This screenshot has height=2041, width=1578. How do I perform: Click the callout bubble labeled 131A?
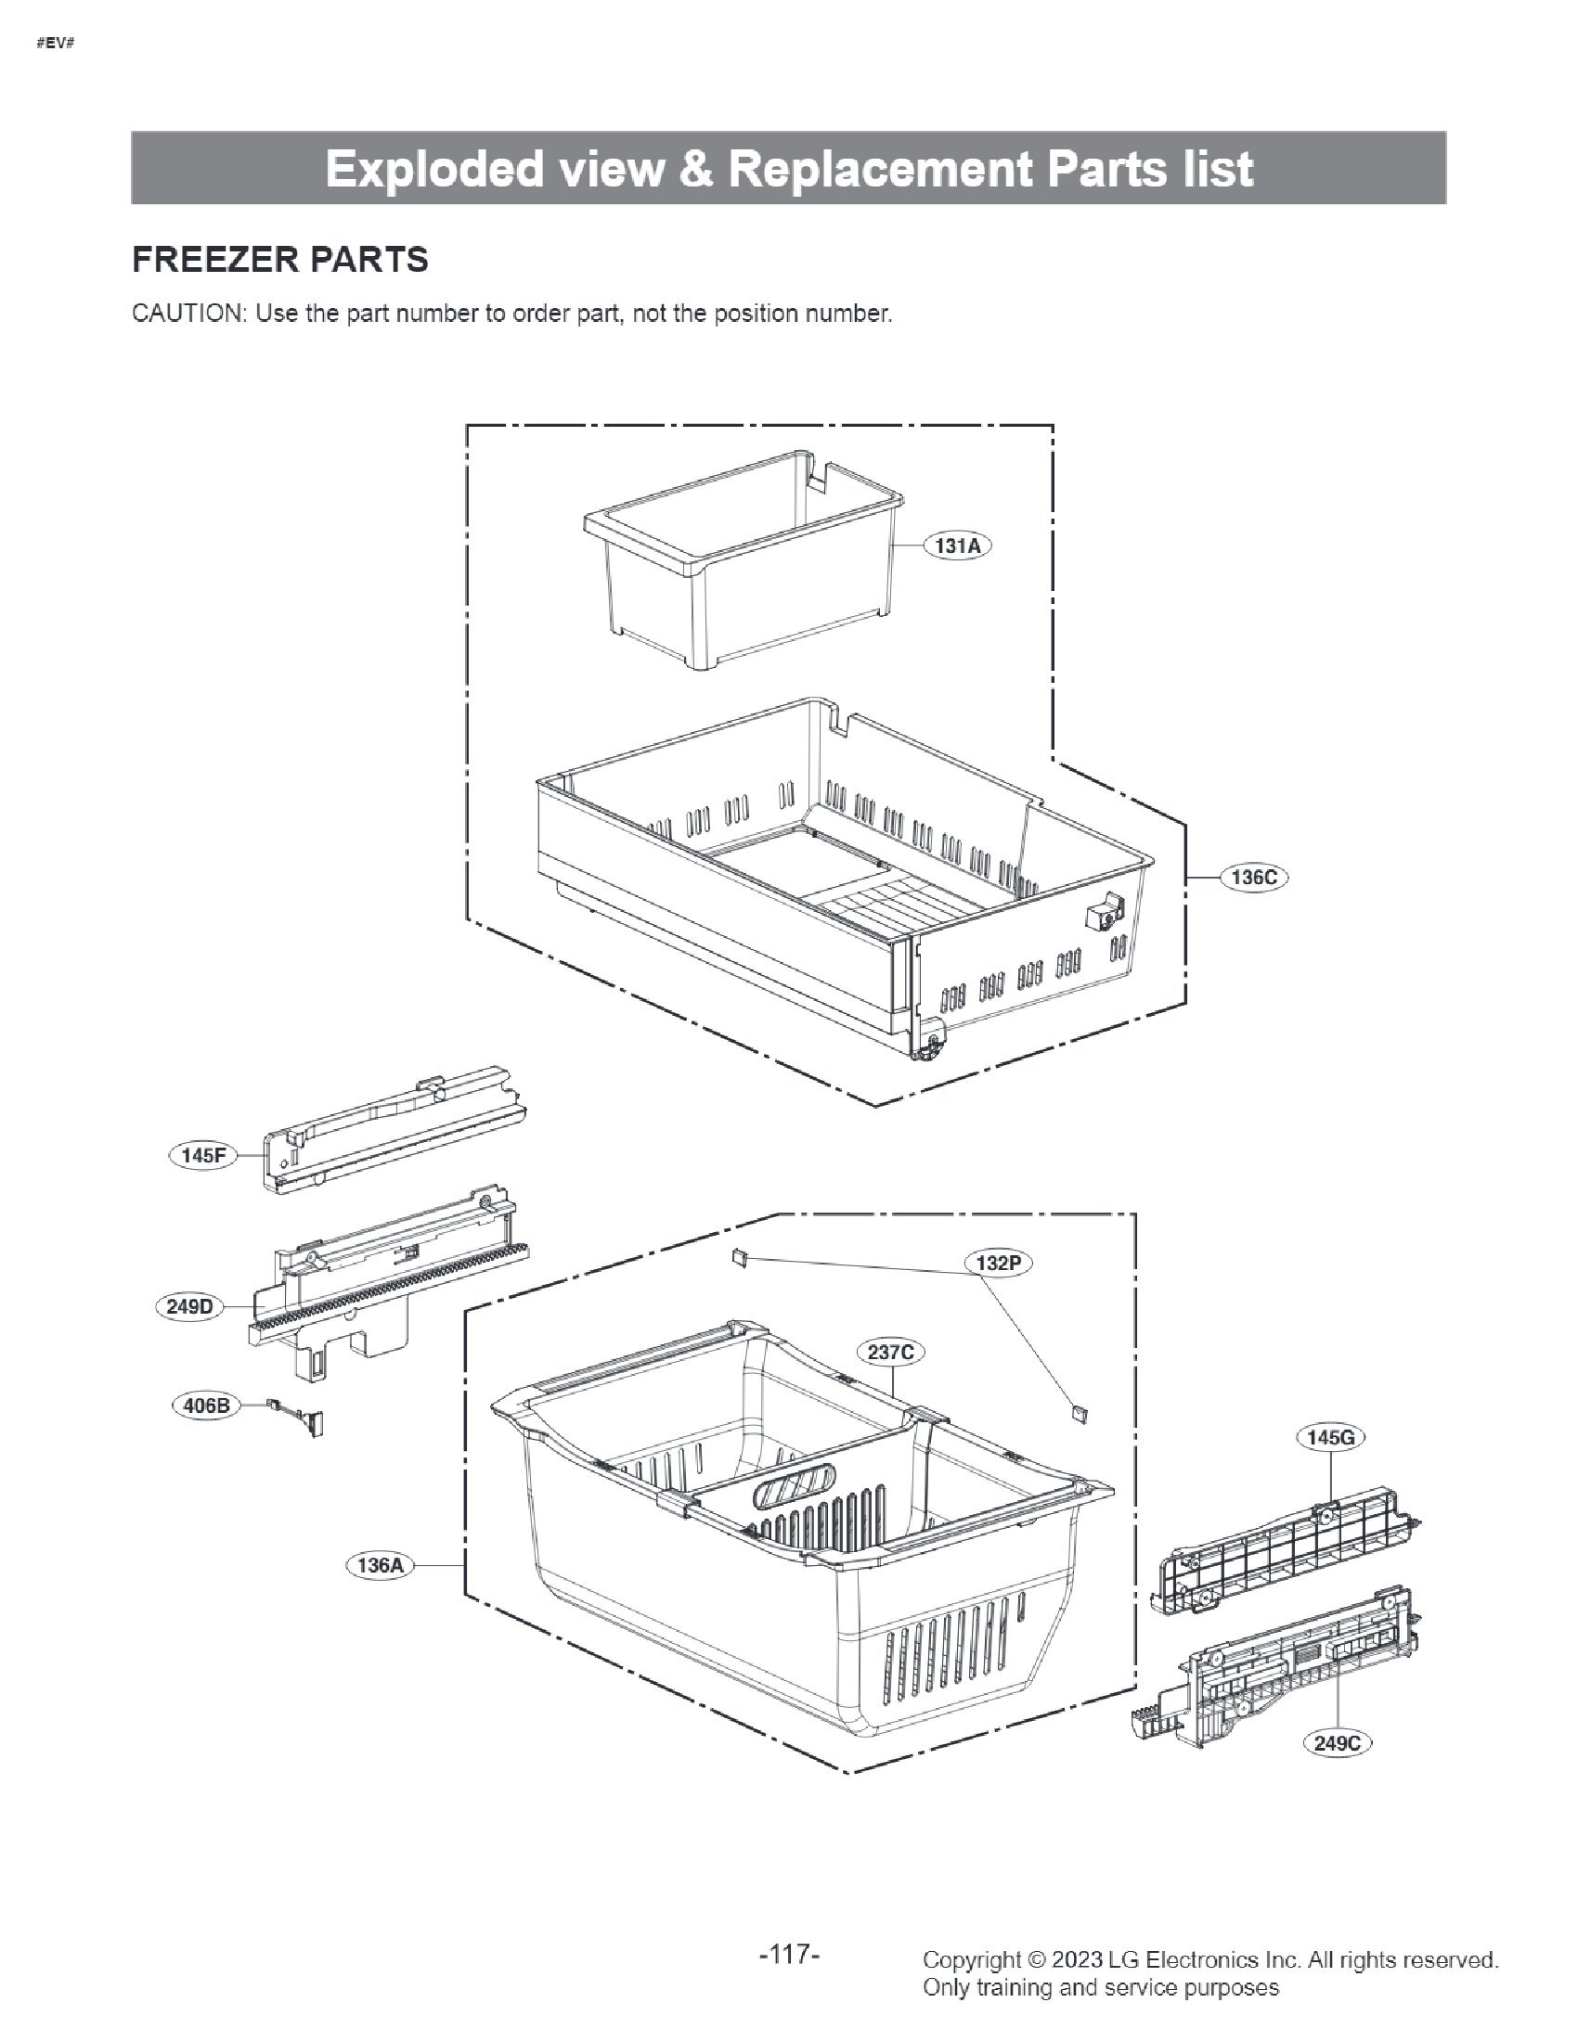pyautogui.click(x=957, y=546)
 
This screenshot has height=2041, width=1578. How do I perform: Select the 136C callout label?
pyautogui.click(x=1254, y=878)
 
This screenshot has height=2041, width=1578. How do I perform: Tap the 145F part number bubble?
pyautogui.click(x=203, y=1155)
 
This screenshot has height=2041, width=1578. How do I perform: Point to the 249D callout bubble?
pyautogui.click(x=188, y=1306)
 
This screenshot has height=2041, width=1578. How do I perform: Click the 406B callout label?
pyautogui.click(x=206, y=1405)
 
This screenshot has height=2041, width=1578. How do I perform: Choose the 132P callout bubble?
pyautogui.click(x=998, y=1264)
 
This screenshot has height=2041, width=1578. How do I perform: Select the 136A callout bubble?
pyautogui.click(x=380, y=1564)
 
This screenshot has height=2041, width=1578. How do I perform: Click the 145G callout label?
pyautogui.click(x=1329, y=1437)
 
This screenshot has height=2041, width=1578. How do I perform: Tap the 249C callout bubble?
pyautogui.click(x=1337, y=1742)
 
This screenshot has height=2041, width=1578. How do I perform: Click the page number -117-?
pyautogui.click(x=789, y=1954)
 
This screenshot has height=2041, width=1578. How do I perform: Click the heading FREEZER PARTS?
pyautogui.click(x=280, y=259)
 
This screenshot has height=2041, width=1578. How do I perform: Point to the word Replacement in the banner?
pyautogui.click(x=880, y=169)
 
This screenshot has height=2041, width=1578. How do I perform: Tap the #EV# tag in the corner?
pyautogui.click(x=55, y=44)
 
